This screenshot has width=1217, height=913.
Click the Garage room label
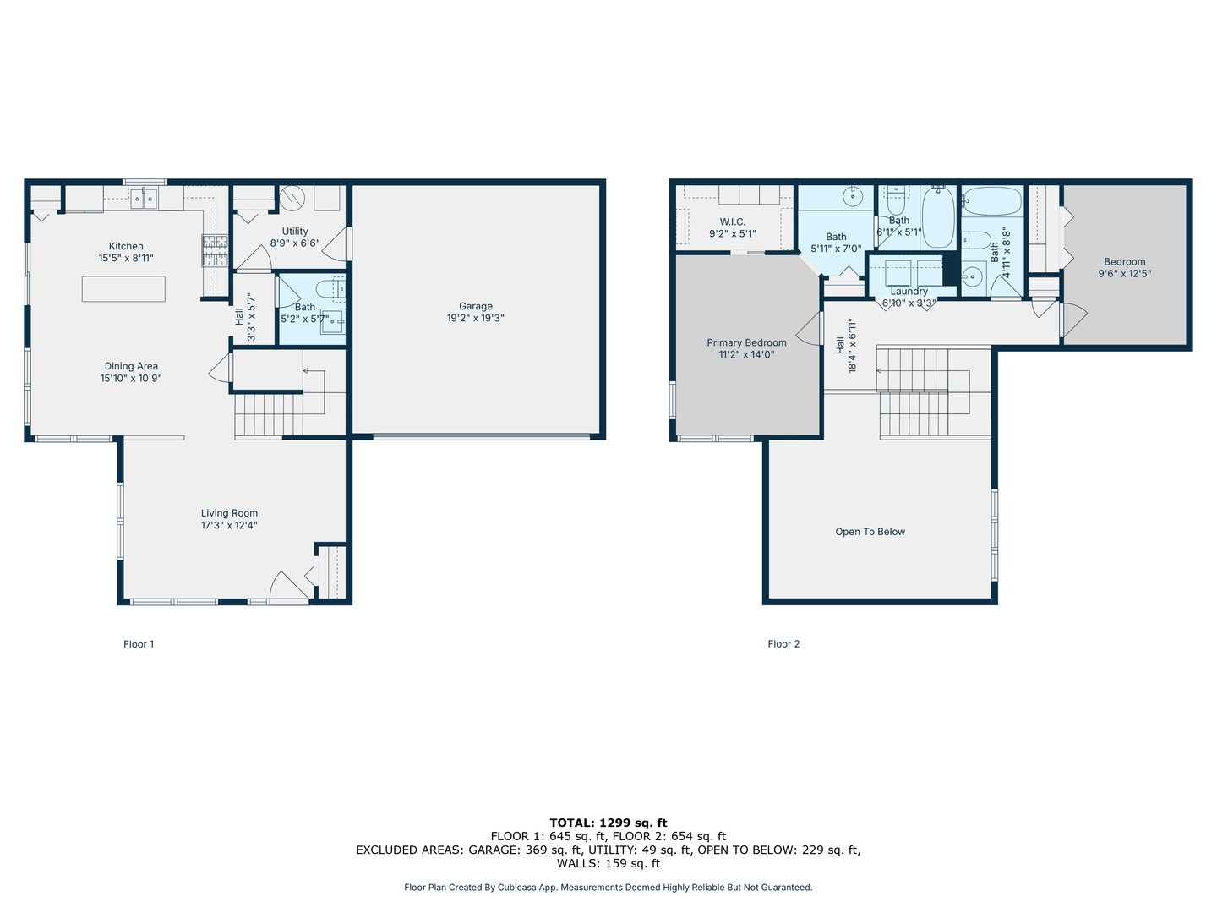click(475, 306)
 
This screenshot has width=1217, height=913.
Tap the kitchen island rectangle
click(123, 289)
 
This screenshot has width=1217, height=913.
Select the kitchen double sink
click(145, 199)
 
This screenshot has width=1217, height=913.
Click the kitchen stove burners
click(215, 250)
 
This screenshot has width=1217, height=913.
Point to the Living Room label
click(229, 513)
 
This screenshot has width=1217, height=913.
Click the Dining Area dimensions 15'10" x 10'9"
click(131, 379)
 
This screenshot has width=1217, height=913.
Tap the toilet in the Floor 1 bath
click(330, 288)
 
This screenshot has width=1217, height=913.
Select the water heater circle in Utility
click(292, 198)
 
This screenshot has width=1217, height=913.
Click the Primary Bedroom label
click(746, 342)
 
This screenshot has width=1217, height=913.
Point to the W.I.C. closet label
click(732, 221)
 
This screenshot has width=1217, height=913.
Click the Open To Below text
click(870, 532)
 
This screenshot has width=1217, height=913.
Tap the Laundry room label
click(909, 292)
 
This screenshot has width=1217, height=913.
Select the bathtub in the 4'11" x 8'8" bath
click(991, 201)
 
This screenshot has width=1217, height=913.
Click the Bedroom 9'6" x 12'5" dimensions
click(1124, 273)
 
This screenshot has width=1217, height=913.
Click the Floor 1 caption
click(139, 643)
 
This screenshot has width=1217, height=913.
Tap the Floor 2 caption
click(783, 643)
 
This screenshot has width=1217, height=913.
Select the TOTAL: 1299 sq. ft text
click(608, 823)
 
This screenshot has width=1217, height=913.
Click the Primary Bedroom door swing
click(808, 329)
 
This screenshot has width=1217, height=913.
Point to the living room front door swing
click(288, 587)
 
